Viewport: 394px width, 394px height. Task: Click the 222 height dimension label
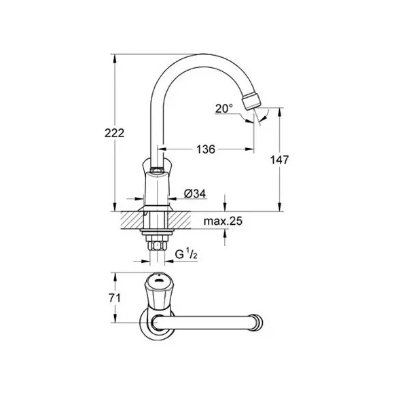pos(114,133)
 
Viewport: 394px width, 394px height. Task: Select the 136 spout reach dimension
pos(206,149)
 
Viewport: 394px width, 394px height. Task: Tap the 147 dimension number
pos(279,160)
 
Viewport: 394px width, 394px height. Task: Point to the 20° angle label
pos(224,109)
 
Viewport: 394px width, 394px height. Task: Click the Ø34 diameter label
pos(195,194)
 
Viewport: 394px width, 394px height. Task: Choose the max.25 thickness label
pos(223,221)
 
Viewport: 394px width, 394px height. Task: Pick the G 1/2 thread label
pos(186,255)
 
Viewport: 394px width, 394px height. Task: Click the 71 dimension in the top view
pos(115,298)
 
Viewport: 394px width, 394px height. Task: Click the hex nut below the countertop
pos(157,245)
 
